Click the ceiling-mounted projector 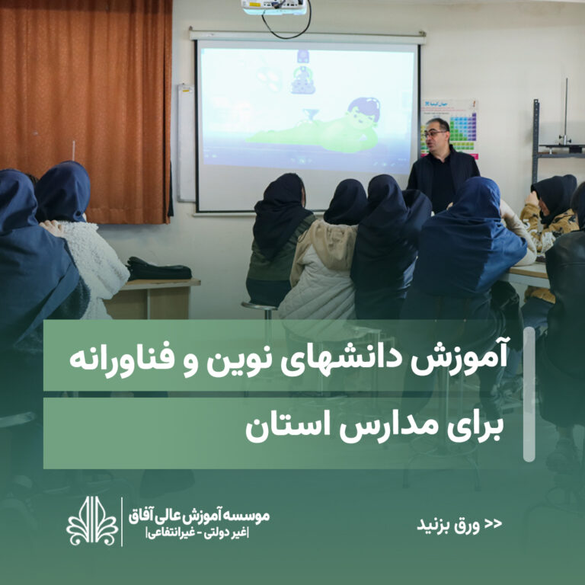[x=274, y=7]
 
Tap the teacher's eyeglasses [x=434, y=133]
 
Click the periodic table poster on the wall [x=449, y=128]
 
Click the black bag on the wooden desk [x=159, y=269]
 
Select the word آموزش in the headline [x=459, y=356]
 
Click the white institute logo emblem [x=92, y=521]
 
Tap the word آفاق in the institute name [x=142, y=516]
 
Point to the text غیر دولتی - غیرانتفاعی [x=198, y=533]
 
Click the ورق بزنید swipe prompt [x=448, y=525]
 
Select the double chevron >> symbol [x=494, y=523]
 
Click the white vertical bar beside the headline [x=529, y=394]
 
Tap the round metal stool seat [x=260, y=306]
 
